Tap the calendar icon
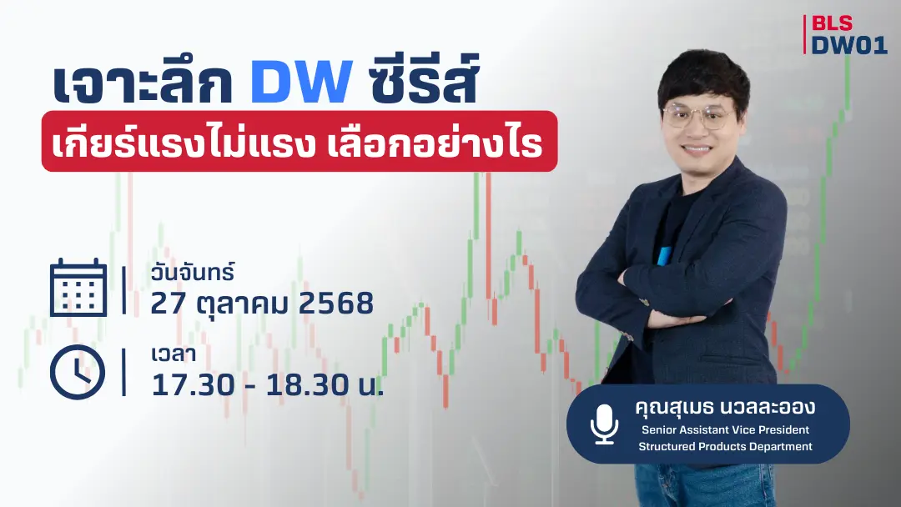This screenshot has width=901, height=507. [x=78, y=288]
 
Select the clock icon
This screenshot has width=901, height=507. [x=78, y=372]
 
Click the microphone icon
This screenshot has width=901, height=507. [x=604, y=424]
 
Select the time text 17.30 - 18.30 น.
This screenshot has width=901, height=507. [x=267, y=384]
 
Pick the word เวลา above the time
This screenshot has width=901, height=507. [x=174, y=356]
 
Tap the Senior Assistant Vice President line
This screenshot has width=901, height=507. [x=725, y=430]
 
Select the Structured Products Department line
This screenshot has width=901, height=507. [x=725, y=446]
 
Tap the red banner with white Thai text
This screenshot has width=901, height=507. [x=299, y=142]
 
